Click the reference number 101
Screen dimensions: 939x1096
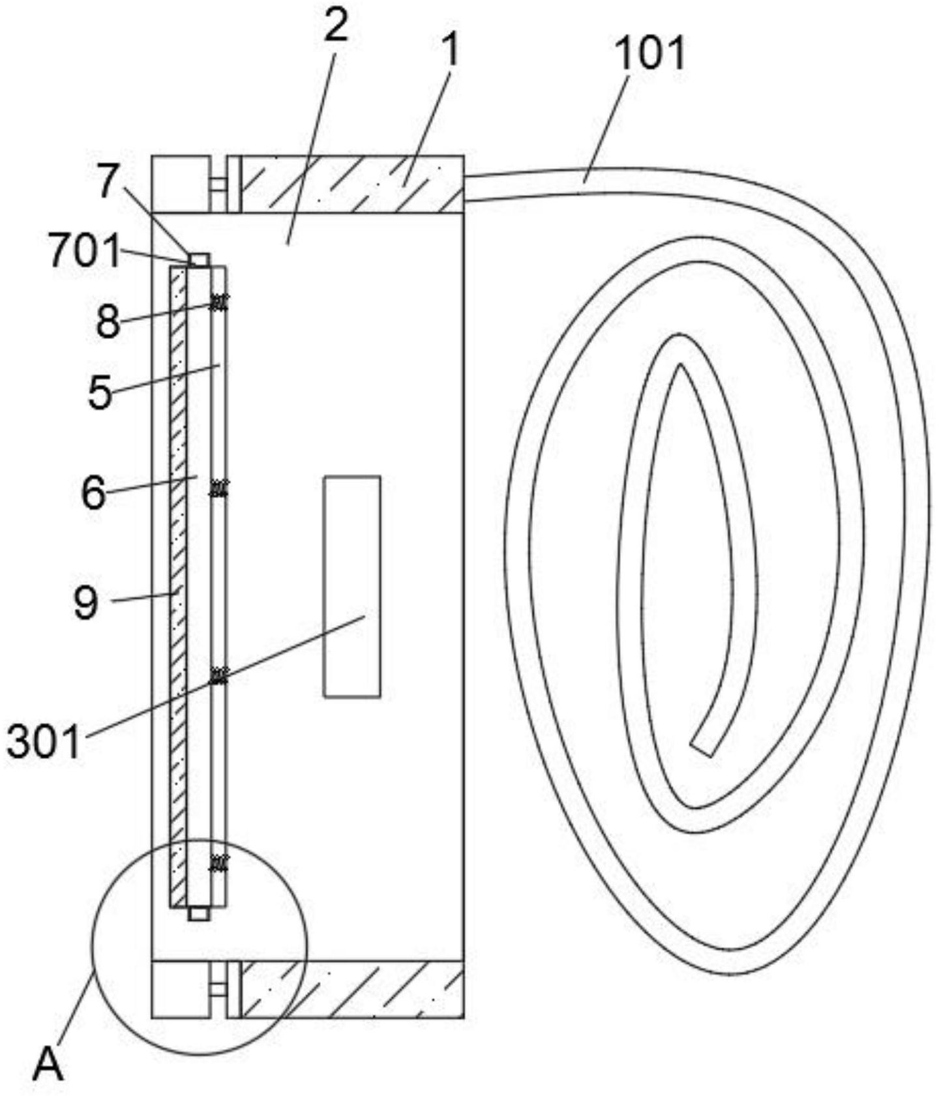point(650,53)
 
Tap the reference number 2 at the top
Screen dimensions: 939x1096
point(336,27)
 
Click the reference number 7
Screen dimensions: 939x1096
point(110,182)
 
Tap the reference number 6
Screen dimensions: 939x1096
point(93,493)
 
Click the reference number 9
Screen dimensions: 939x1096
point(86,603)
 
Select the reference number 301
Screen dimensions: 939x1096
point(44,743)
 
